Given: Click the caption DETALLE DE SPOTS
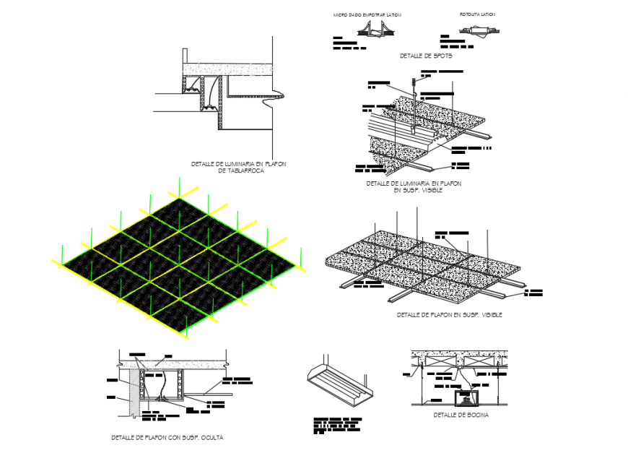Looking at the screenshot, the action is click(x=425, y=56).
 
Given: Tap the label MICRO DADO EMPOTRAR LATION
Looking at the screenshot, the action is click(x=367, y=14).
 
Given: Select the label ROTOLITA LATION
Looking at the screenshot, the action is click(x=477, y=14).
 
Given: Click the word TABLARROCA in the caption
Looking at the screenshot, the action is click(x=241, y=171).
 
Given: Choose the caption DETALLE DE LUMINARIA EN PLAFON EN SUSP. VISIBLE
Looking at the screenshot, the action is click(x=414, y=187).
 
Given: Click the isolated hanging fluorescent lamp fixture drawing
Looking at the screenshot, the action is click(x=340, y=381).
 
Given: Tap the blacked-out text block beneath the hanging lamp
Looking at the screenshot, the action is click(x=337, y=425).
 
